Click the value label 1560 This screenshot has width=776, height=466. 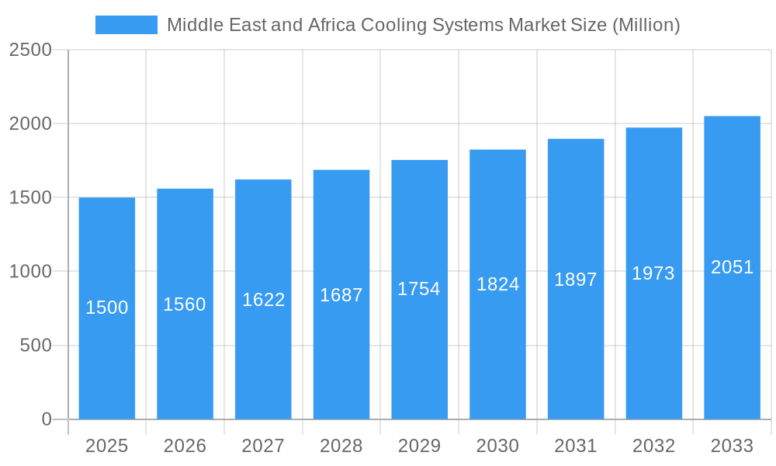(x=185, y=304)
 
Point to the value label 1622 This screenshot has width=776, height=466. (x=264, y=300)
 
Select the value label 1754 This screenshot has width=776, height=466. (x=419, y=289)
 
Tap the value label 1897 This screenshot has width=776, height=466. (x=576, y=280)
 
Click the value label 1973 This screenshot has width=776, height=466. (x=653, y=273)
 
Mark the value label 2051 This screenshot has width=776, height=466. (x=733, y=267)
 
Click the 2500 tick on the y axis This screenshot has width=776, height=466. (x=30, y=50)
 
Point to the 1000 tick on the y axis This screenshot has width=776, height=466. (x=30, y=272)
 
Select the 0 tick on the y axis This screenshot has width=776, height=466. (x=46, y=419)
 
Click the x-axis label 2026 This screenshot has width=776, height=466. (x=185, y=446)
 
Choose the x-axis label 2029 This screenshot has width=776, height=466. (x=419, y=446)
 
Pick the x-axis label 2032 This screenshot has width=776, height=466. (x=653, y=446)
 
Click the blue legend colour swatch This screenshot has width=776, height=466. (x=126, y=25)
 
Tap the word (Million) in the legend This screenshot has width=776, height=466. (x=646, y=25)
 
